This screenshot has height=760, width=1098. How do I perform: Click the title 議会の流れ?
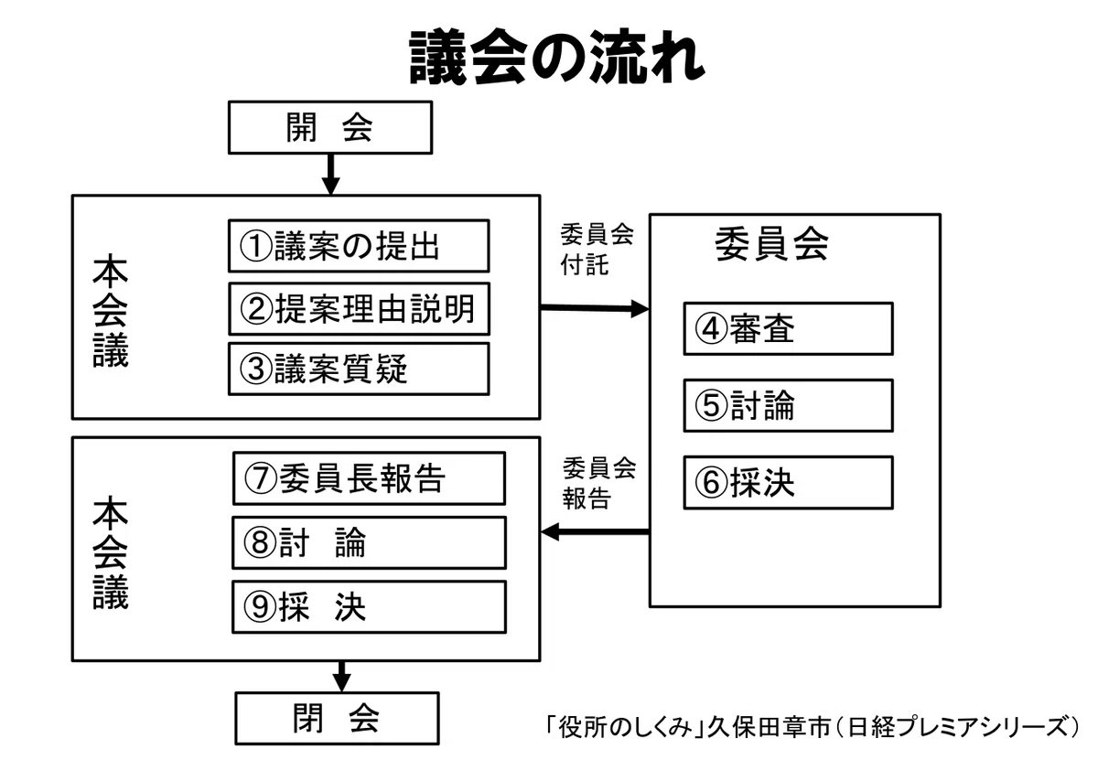[x=557, y=57]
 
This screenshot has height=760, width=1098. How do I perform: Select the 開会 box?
[x=330, y=127]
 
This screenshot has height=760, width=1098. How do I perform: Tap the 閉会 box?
[x=338, y=718]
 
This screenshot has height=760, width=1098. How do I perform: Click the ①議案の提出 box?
[x=359, y=245]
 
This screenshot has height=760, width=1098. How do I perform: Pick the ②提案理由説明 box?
[x=359, y=309]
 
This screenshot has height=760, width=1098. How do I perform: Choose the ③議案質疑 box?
[x=359, y=369]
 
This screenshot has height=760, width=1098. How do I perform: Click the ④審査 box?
[x=788, y=329]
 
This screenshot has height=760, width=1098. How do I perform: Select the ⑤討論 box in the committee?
[x=788, y=406]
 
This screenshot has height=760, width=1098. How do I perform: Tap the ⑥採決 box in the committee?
[x=788, y=483]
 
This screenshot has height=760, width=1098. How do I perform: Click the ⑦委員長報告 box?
[x=369, y=478]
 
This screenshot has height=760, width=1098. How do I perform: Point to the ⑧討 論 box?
[x=369, y=542]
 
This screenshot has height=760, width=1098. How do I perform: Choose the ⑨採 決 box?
[x=369, y=607]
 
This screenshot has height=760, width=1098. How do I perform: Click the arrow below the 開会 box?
[x=331, y=175]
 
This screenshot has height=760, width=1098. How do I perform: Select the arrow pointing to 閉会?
[x=341, y=677]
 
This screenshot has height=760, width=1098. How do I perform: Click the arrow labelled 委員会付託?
[x=595, y=308]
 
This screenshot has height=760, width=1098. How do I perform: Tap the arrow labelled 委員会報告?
[x=595, y=531]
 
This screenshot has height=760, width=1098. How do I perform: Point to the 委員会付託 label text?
[x=597, y=250]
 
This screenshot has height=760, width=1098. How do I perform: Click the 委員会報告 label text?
[x=599, y=483]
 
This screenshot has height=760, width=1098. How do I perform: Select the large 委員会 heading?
[x=771, y=243]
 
